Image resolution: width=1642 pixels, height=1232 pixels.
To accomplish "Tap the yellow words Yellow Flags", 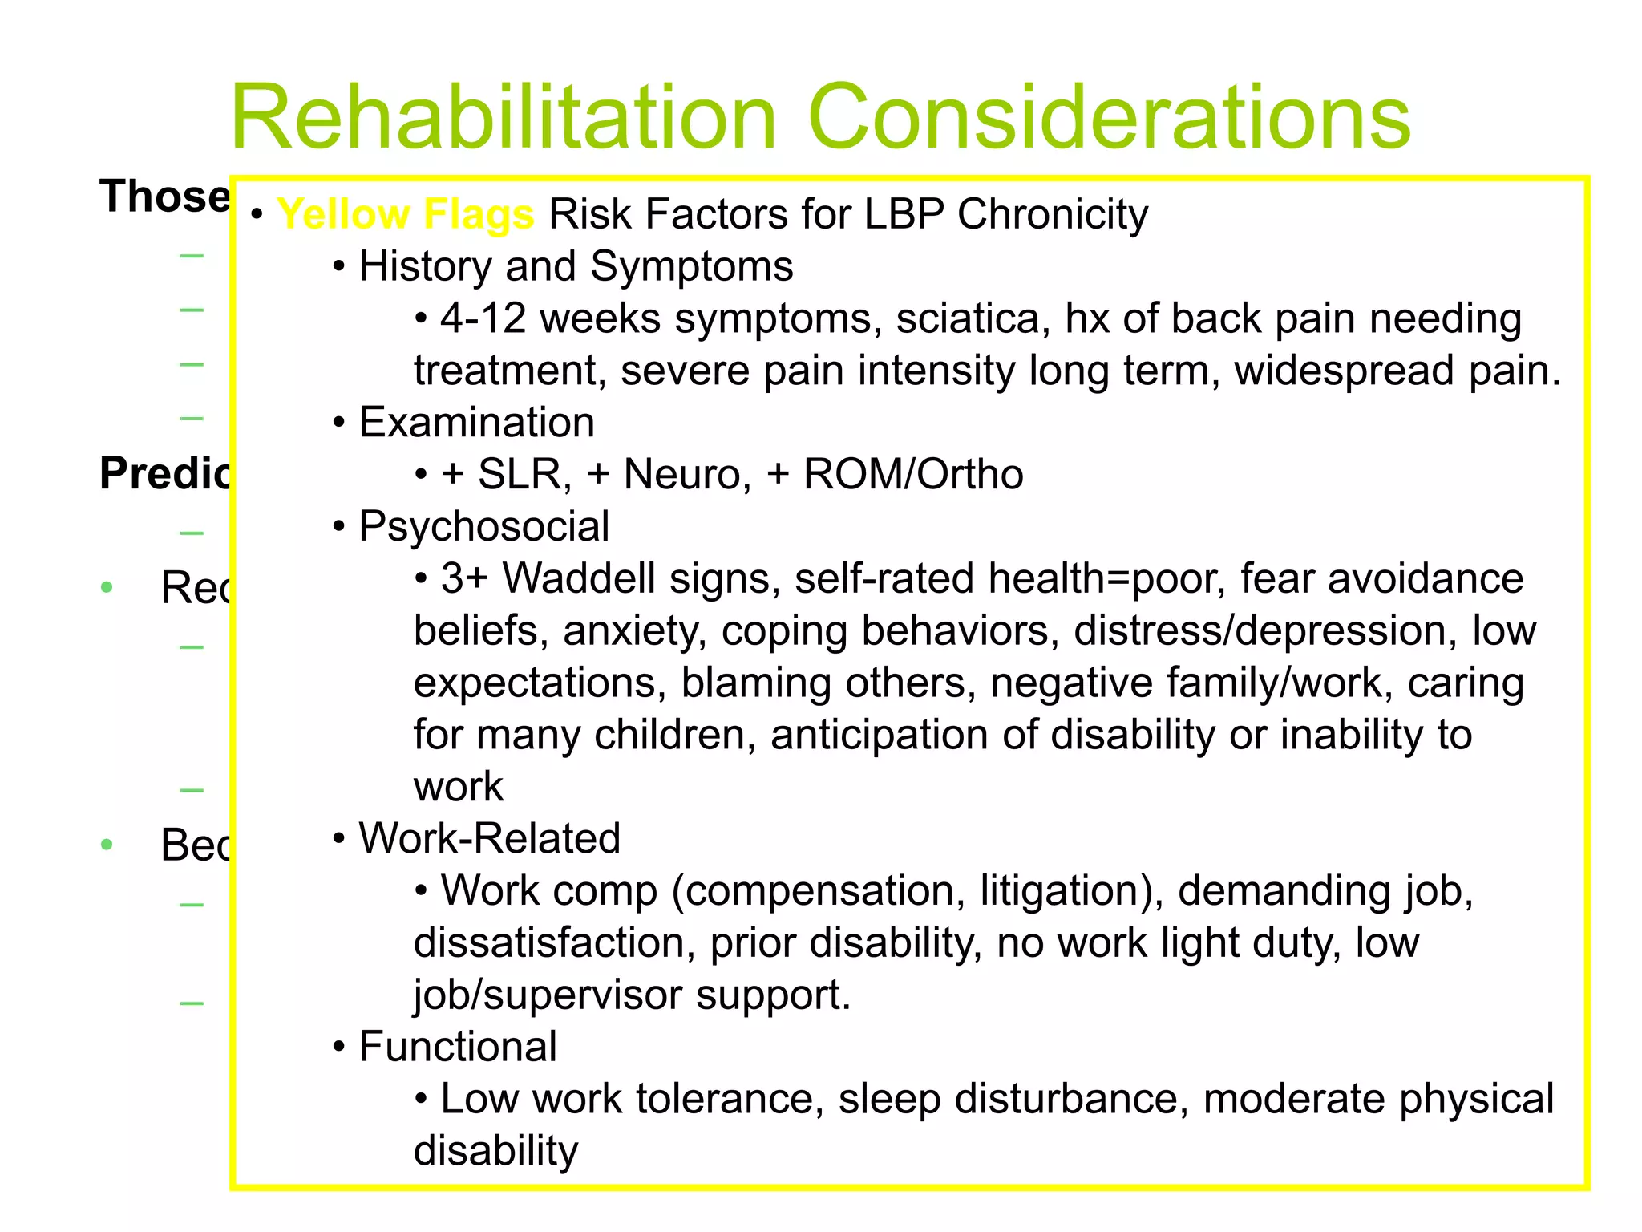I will [405, 215].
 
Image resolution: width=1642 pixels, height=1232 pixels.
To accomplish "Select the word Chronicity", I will [1052, 215].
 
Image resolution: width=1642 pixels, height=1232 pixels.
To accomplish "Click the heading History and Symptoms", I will [575, 266].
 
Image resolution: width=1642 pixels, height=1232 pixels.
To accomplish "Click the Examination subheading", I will [476, 423].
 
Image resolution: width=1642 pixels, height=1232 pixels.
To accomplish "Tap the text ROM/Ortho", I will [913, 474].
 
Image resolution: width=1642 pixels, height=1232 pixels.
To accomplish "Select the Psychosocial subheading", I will [483, 527].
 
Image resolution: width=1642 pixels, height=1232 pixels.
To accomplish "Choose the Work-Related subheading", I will [489, 838].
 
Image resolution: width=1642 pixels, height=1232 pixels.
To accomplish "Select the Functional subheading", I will [457, 1047].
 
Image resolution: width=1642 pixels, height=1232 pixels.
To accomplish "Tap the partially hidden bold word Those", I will [164, 197].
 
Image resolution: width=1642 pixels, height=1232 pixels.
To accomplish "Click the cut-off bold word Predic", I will [164, 473].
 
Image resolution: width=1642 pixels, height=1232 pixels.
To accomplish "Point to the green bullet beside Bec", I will [107, 845].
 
